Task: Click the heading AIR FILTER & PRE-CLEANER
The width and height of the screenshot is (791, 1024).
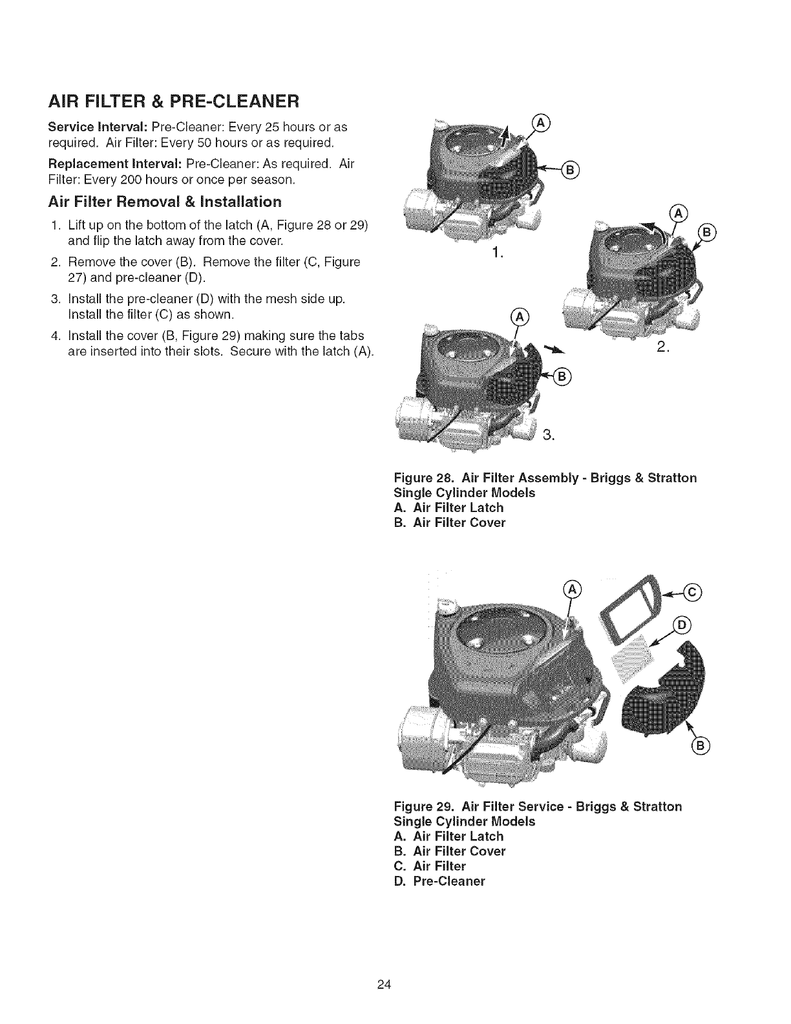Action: pos(174,102)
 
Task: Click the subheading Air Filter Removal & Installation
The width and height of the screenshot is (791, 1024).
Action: pos(165,201)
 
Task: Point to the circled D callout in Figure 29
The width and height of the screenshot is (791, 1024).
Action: pos(682,625)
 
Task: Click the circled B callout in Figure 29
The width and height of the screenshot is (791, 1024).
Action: pos(701,747)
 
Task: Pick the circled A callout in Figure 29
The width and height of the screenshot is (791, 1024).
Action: pos(572,588)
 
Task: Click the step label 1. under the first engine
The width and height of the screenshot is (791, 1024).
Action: pos(496,253)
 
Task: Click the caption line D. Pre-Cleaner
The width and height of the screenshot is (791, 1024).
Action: pos(439,881)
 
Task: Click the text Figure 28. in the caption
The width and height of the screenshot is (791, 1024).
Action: pos(422,478)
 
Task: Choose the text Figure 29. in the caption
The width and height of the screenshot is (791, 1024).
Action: pos(422,806)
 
